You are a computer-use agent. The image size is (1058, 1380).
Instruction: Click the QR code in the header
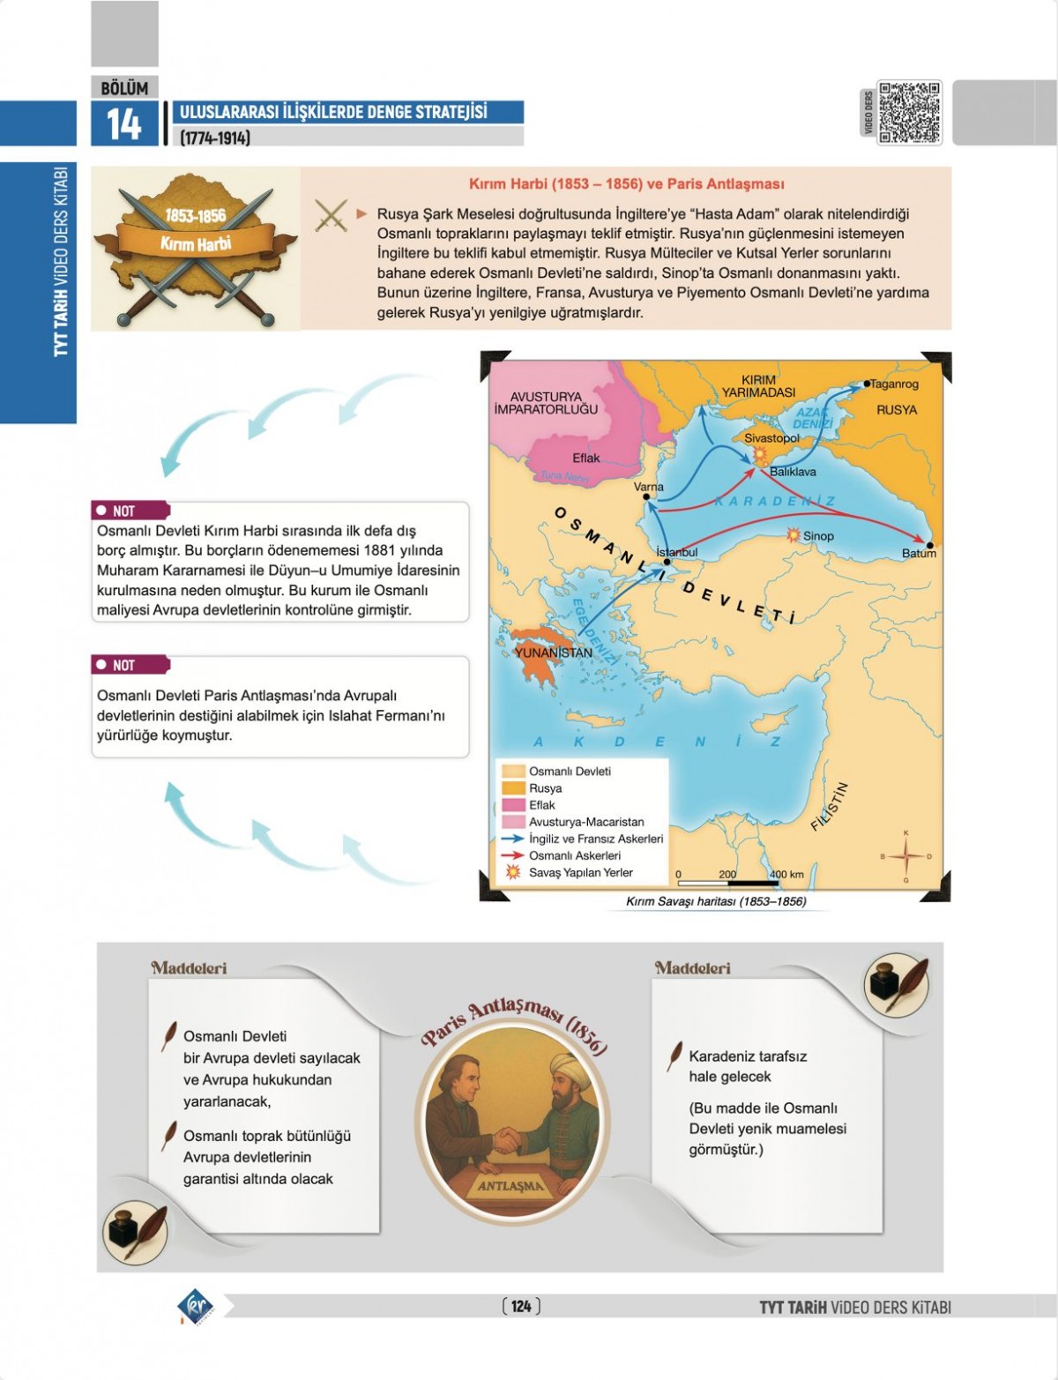tap(909, 113)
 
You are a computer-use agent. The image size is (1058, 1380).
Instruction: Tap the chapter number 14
tap(123, 124)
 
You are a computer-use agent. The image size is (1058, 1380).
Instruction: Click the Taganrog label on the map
tap(894, 384)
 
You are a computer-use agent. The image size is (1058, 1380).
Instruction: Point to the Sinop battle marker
tap(793, 535)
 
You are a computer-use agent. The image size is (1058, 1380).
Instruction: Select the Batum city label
tap(918, 553)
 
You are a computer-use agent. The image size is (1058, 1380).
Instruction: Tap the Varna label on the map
tap(649, 487)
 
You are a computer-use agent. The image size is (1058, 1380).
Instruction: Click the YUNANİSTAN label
tap(553, 653)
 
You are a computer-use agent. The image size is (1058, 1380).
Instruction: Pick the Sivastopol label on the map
tap(771, 437)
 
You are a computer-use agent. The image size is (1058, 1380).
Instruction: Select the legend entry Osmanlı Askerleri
tap(574, 855)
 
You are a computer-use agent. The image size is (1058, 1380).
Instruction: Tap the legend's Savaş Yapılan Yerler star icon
tap(513, 872)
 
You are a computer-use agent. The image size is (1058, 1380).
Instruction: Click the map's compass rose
tap(905, 855)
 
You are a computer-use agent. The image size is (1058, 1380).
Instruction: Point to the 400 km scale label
tap(786, 875)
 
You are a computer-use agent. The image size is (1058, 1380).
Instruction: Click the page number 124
tap(521, 1306)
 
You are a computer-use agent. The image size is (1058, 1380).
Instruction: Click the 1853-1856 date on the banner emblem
tap(195, 215)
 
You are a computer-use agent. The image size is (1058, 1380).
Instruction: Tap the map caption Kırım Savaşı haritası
tap(715, 902)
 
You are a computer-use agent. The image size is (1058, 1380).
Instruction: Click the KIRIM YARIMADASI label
tap(758, 386)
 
